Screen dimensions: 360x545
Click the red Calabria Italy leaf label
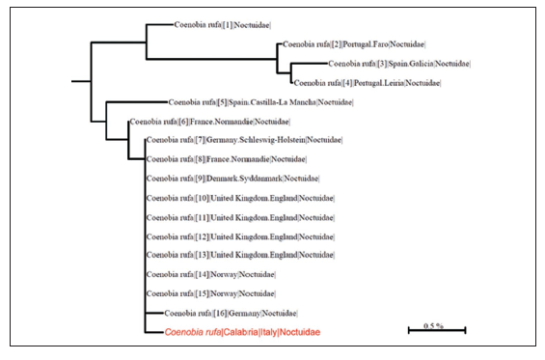[x=241, y=332]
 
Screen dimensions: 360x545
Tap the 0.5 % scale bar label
[x=433, y=325]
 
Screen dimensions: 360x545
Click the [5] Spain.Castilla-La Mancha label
[x=260, y=102]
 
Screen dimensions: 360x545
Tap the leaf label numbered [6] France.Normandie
[x=209, y=122]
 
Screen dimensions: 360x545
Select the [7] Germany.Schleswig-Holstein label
[x=243, y=140]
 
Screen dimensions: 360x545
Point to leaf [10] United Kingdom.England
[x=240, y=198]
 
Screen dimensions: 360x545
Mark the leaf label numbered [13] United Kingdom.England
[x=240, y=255]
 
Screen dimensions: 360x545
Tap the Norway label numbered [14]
[x=210, y=274]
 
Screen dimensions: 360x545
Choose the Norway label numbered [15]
[x=210, y=293]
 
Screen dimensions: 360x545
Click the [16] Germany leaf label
[x=231, y=313]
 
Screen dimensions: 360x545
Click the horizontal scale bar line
[x=437, y=330]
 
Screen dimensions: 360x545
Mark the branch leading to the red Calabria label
[x=155, y=332]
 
